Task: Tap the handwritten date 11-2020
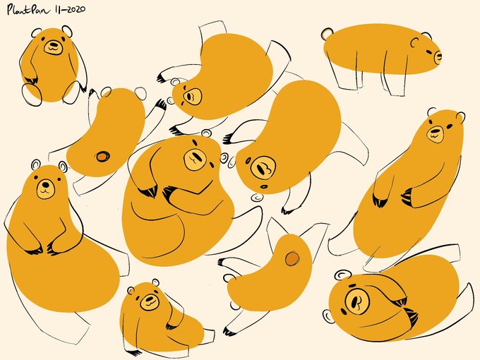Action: click(x=70, y=9)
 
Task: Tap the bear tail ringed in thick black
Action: click(x=103, y=157)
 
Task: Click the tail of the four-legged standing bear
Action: click(x=328, y=34)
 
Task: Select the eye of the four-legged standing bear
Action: click(x=429, y=52)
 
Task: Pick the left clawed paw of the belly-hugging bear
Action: click(x=150, y=191)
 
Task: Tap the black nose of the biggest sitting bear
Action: click(x=46, y=185)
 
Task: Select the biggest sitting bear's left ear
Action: click(x=36, y=164)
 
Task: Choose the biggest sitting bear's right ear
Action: click(x=63, y=166)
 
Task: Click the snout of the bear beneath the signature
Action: click(x=53, y=47)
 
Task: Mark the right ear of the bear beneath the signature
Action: click(x=67, y=30)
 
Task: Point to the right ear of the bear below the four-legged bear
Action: click(x=460, y=116)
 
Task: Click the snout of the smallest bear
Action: click(x=150, y=302)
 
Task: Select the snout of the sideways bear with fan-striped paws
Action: click(x=356, y=300)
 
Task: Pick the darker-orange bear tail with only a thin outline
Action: click(x=292, y=258)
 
